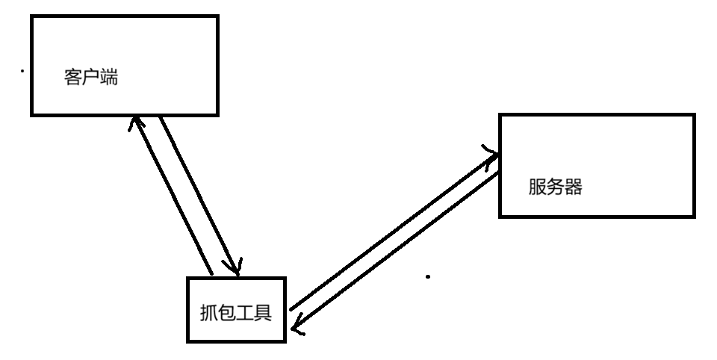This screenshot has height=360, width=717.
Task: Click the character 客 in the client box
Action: (x=73, y=78)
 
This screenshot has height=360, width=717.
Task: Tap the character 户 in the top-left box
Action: (x=91, y=78)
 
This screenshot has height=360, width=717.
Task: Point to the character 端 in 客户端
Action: (x=108, y=78)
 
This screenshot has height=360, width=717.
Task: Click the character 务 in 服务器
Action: (x=555, y=187)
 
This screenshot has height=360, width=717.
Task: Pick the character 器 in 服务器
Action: (x=573, y=187)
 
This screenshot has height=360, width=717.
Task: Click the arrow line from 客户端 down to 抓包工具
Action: (x=199, y=194)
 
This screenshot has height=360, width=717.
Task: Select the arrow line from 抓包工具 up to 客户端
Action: (x=172, y=196)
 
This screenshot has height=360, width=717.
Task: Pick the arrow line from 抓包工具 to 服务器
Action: (x=392, y=232)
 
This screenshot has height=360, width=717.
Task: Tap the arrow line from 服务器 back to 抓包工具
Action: (x=396, y=250)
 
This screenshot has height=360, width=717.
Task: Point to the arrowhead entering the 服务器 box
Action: (x=494, y=154)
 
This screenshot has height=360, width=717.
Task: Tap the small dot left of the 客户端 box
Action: (x=22, y=72)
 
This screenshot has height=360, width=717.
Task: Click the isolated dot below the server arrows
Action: (x=428, y=276)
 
